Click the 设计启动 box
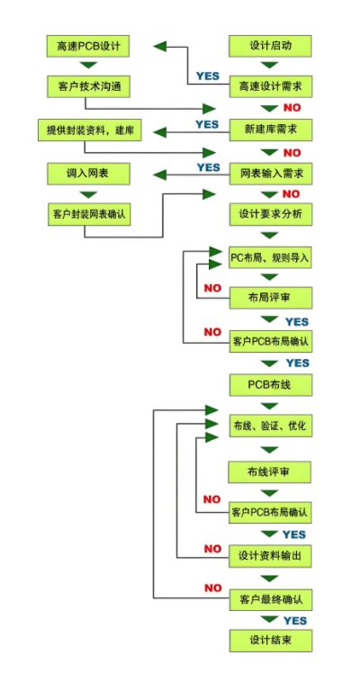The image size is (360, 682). pos(270,46)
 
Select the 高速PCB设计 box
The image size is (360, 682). pos(88,46)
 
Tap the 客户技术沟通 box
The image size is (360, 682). pos(88,86)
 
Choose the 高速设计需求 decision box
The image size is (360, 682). pos(270,86)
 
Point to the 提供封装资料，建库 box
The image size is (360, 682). pos(90,130)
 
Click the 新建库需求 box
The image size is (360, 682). pos(270,130)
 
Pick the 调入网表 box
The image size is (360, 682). pos(88,174)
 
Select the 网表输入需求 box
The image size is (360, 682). pos(270,174)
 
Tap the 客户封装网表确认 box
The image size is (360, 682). pos(88,215)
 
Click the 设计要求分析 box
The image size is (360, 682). pos(270,215)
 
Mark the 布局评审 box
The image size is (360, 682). pos(270,298)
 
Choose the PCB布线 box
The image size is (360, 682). pos(270,385)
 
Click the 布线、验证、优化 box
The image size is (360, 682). pos(270,426)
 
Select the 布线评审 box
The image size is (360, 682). pos(269,472)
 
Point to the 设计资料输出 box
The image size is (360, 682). pos(270,556)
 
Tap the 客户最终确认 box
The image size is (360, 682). pos(270,601)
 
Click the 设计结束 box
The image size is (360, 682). pos(270,641)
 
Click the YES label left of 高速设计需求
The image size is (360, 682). pos(207,76)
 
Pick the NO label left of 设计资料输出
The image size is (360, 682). pos(212,550)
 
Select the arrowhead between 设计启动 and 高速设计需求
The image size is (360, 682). pos(270,66)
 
